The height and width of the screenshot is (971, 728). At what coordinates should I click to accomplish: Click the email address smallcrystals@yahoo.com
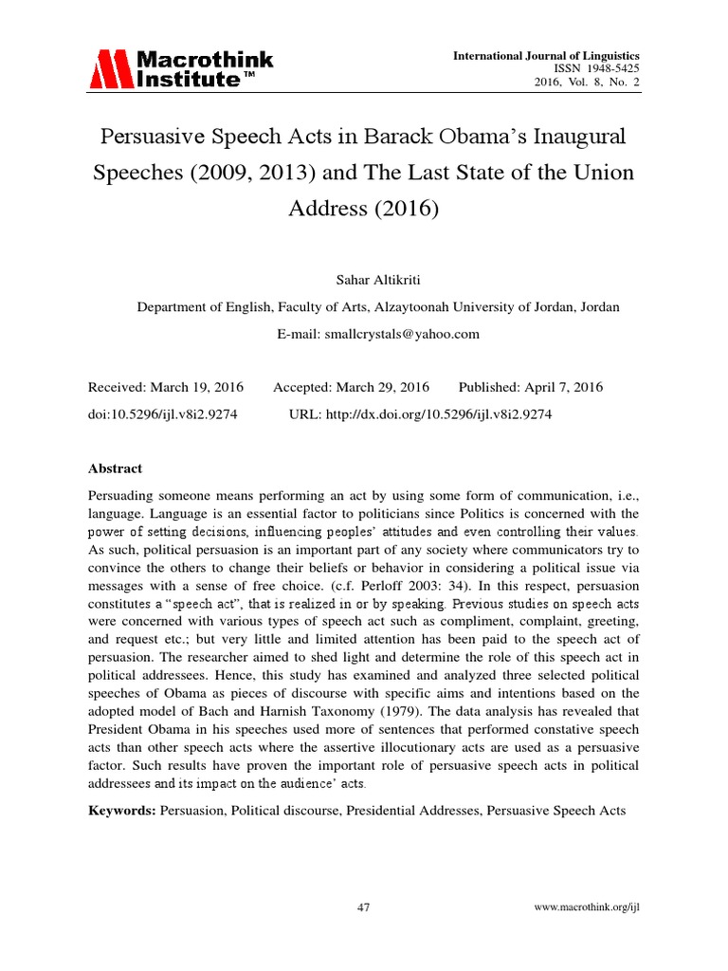point(401,334)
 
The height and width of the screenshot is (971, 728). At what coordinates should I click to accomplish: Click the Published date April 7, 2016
point(559,387)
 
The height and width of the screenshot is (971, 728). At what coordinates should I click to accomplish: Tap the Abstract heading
point(115,468)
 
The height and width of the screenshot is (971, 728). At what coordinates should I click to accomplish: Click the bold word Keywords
point(121,812)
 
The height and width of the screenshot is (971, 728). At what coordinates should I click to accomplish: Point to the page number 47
point(363,907)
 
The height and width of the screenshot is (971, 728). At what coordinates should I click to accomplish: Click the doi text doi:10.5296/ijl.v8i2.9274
point(163,414)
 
